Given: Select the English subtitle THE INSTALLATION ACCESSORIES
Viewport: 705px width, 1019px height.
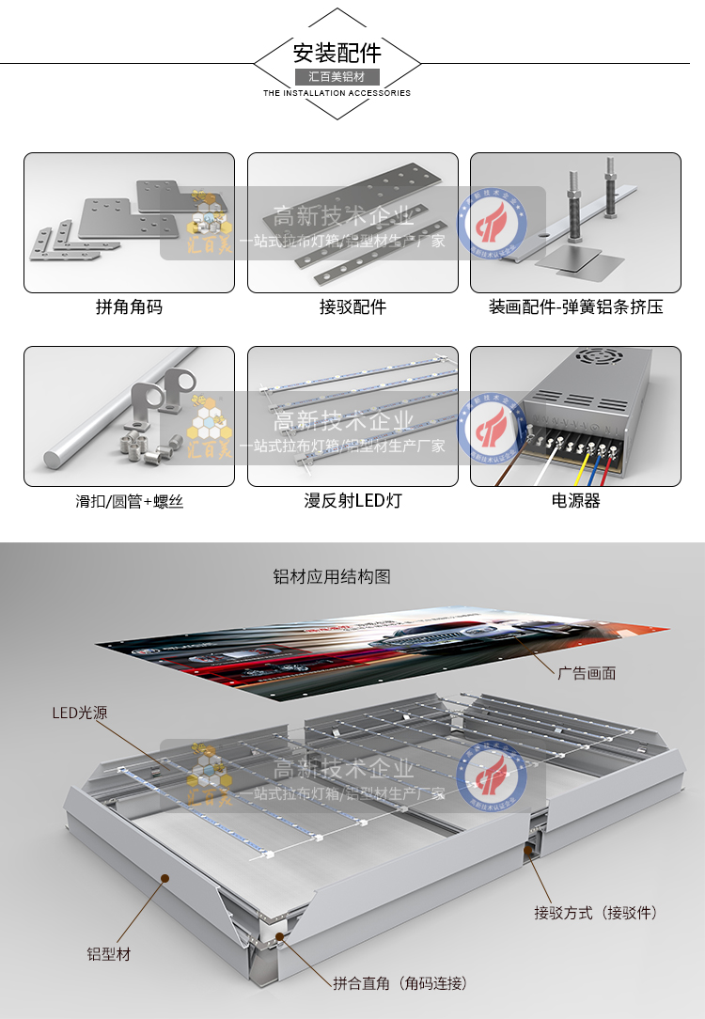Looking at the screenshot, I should pos(337,94).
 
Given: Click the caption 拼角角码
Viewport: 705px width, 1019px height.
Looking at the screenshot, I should pos(129,307).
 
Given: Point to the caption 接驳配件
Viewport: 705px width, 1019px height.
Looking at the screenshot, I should pos(352,307).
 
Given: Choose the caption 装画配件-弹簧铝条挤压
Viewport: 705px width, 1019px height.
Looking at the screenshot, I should pos(575,307).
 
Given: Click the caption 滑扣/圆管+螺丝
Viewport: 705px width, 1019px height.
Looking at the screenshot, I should pos(129,502).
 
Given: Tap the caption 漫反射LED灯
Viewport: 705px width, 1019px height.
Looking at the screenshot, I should pos(352,501).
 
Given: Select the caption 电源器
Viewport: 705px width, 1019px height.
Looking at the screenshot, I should pos(575,501).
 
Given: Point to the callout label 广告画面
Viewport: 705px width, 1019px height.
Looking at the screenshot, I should pos(587,673).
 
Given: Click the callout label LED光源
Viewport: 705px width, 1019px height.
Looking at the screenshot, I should pos(79,713).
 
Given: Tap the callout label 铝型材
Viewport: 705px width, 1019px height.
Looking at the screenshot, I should pos(109,954).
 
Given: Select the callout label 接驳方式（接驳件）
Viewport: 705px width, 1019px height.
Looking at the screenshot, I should pos(595,913).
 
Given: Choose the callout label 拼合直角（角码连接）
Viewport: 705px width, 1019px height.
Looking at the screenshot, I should pos(400,983).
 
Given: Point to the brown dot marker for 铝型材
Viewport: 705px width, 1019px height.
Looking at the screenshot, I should pos(165,879).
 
